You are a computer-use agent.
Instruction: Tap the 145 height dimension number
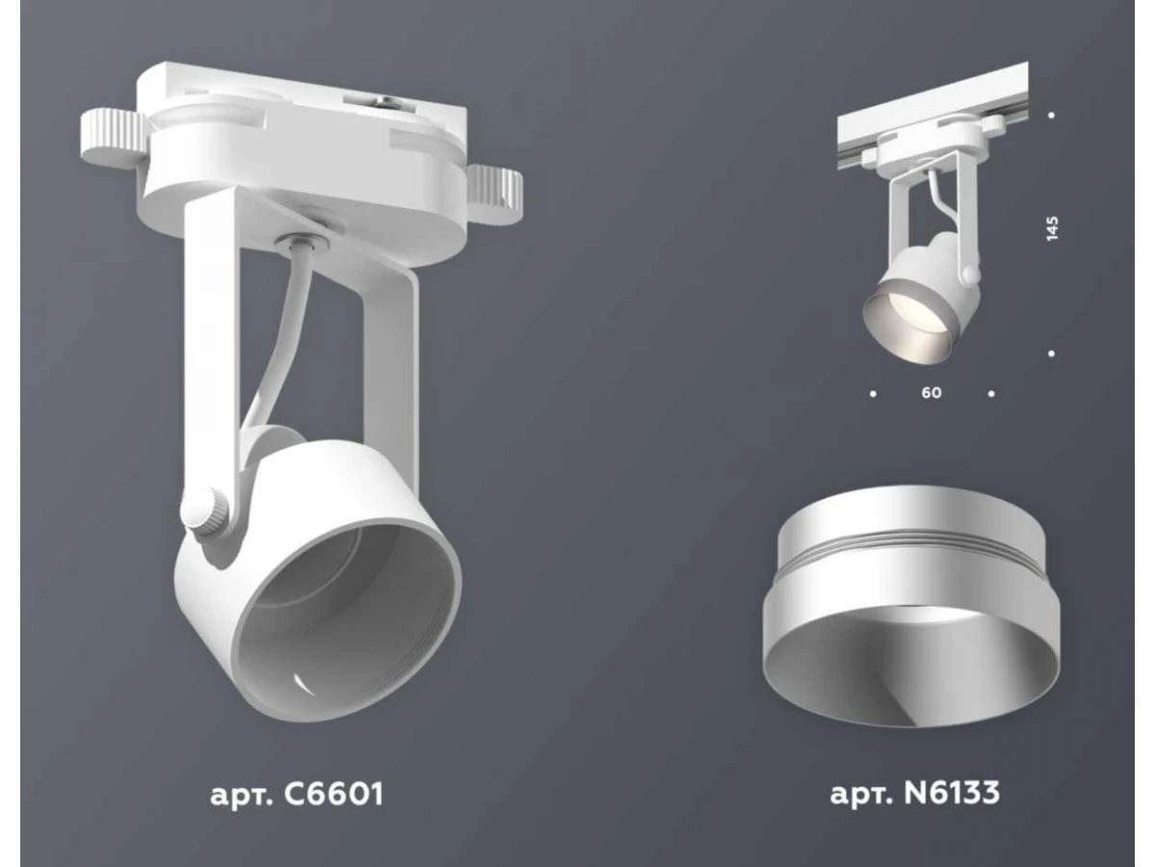click(x=1052, y=228)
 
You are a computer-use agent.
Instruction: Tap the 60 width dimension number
click(x=932, y=393)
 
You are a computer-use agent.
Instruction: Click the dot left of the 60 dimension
click(x=873, y=393)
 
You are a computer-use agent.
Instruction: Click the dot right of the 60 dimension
click(x=991, y=393)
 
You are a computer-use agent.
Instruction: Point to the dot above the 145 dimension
click(x=1052, y=115)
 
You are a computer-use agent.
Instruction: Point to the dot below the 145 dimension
click(x=1052, y=354)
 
